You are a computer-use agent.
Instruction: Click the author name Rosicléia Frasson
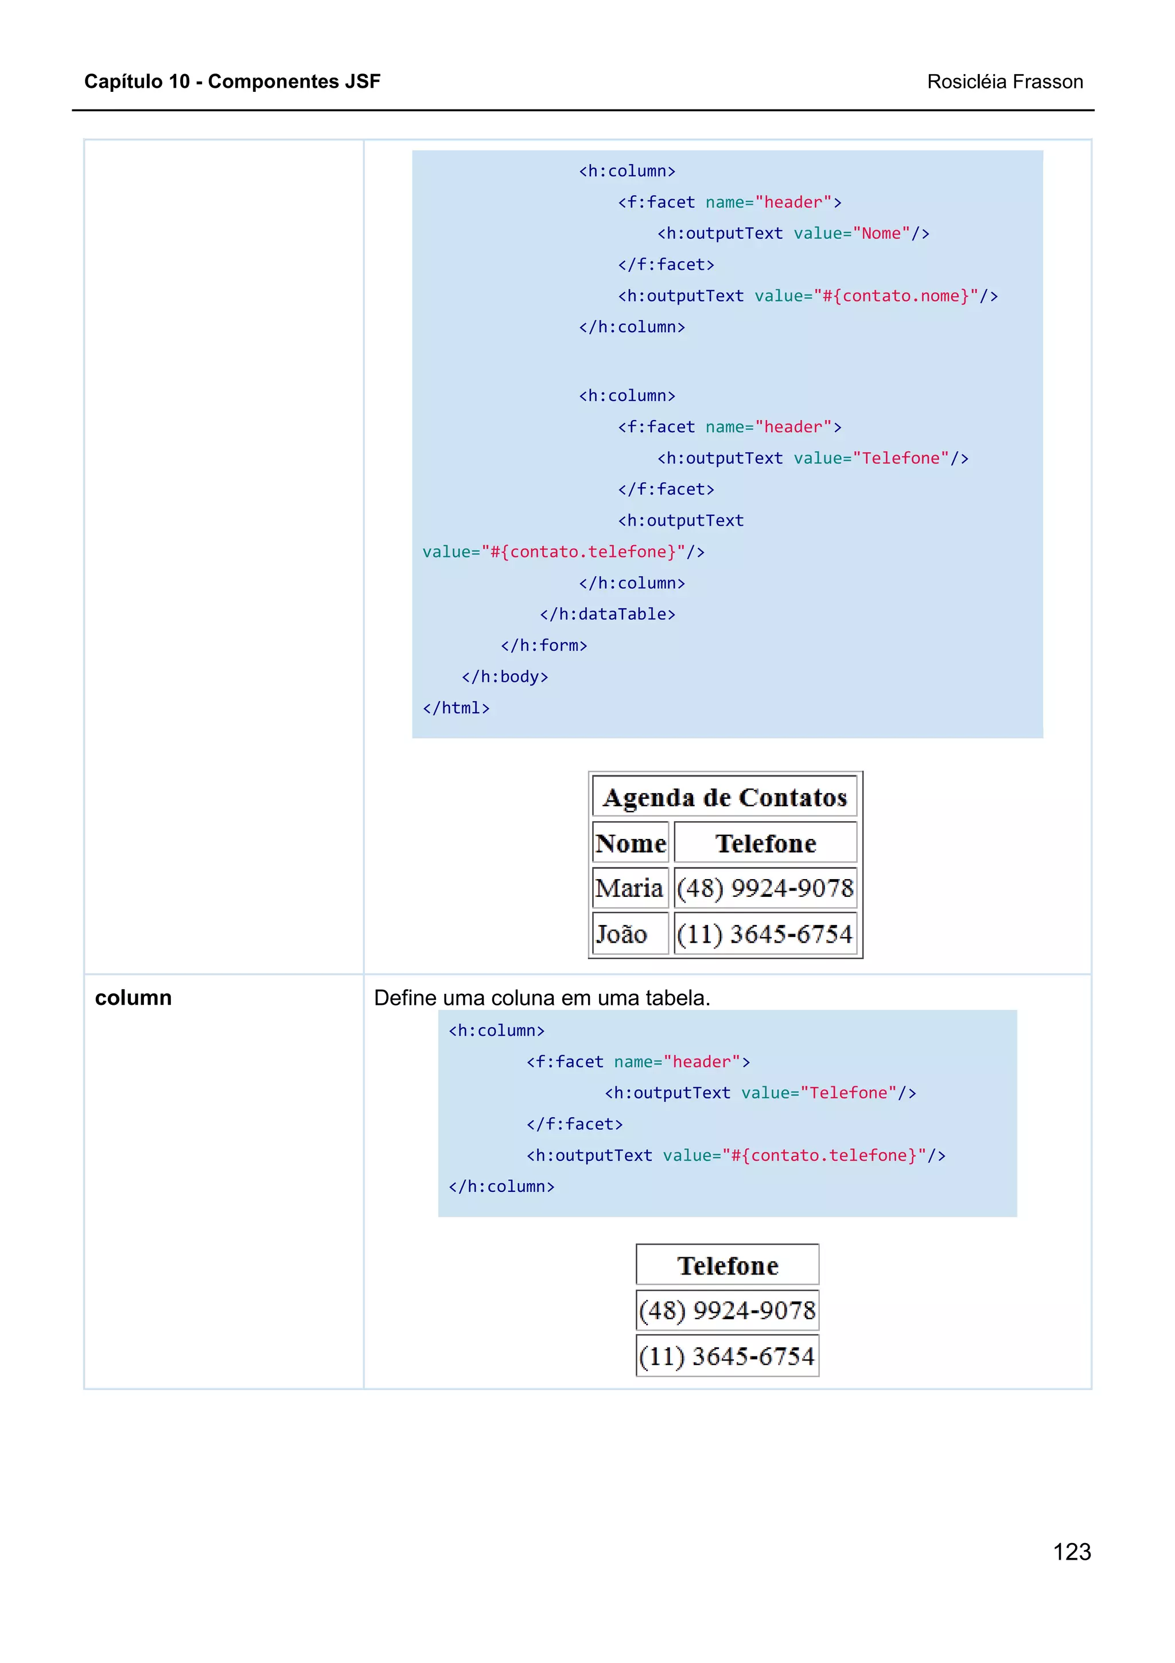tap(1004, 82)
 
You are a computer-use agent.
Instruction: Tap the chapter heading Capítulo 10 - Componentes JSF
tap(232, 81)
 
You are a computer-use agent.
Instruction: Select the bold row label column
tap(133, 997)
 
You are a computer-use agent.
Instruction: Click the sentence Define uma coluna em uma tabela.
tap(542, 997)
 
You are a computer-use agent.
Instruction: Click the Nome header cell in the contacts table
tap(630, 843)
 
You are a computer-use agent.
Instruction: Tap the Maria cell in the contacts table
tap(628, 888)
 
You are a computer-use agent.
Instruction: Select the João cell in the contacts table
tap(621, 934)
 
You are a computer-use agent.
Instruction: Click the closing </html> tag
tap(456, 708)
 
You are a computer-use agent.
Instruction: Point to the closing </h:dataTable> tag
tap(606, 614)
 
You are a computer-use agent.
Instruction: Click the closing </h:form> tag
tap(544, 646)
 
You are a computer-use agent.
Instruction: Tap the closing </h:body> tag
tap(505, 677)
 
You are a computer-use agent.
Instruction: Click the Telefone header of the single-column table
tap(727, 1265)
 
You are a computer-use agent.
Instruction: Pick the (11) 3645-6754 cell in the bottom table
tap(727, 1356)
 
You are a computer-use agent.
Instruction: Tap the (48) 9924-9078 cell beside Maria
tap(765, 888)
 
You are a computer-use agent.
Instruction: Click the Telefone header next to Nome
tap(765, 843)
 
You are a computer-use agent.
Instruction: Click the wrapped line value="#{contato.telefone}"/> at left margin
tap(563, 552)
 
